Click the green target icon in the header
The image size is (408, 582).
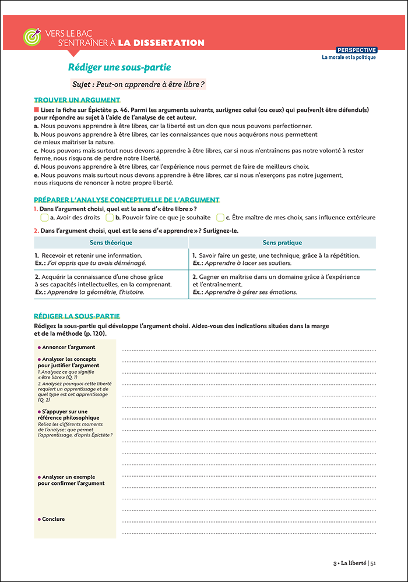click(31, 37)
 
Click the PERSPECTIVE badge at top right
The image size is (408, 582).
click(357, 50)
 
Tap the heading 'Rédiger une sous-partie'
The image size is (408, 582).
click(119, 68)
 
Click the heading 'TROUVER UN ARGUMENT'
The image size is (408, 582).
click(77, 100)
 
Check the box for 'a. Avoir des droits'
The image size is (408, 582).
click(44, 218)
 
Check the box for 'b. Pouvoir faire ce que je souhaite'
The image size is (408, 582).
click(110, 218)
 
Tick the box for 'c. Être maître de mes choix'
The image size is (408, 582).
click(220, 218)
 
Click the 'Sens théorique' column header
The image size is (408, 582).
click(111, 243)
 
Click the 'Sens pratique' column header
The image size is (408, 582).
click(282, 243)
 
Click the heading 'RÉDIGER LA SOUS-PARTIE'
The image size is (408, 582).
click(77, 316)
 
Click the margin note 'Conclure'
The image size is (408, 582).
click(53, 519)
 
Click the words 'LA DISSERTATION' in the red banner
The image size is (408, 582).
click(161, 42)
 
